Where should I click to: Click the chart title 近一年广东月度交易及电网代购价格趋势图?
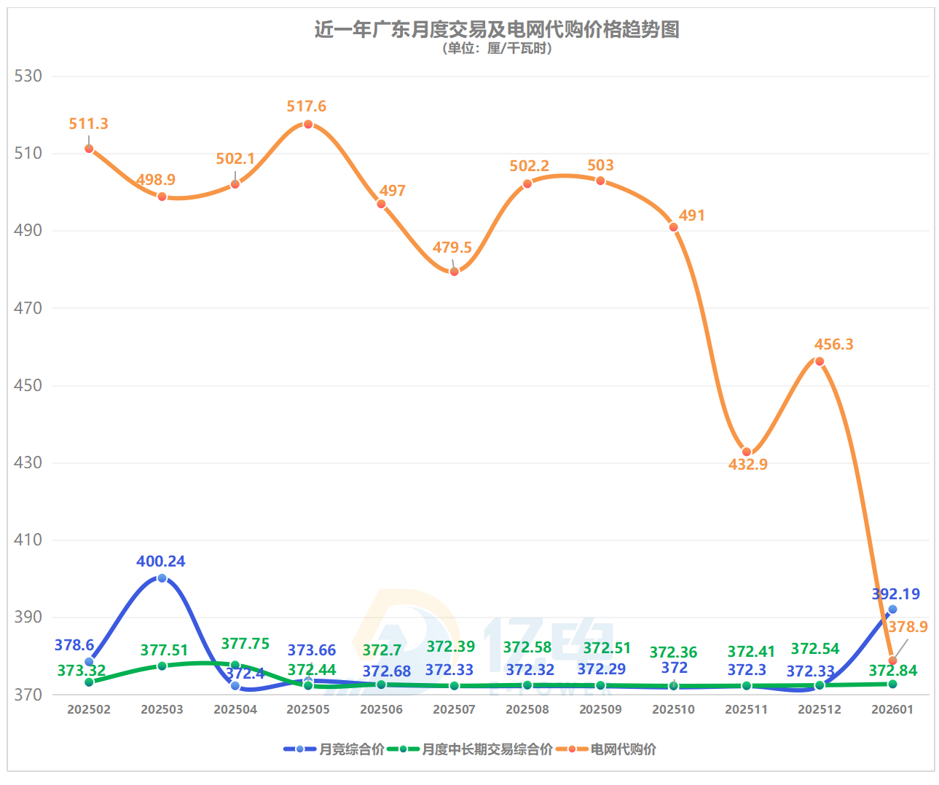[496, 30]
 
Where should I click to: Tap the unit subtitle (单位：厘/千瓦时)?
[496, 49]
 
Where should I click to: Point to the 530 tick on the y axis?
[28, 76]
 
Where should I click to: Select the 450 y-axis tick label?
[28, 385]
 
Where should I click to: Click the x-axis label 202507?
[454, 709]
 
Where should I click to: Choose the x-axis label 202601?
[892, 709]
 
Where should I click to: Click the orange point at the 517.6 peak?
[308, 125]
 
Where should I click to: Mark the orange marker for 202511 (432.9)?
[747, 452]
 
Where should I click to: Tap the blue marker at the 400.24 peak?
[162, 578]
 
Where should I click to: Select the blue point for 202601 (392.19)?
[892, 610]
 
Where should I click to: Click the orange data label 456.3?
[833, 344]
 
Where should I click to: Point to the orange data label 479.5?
[452, 248]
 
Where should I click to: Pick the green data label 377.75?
[245, 644]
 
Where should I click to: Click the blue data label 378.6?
[74, 645]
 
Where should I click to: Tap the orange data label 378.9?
[908, 627]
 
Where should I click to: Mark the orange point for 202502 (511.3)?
[89, 149]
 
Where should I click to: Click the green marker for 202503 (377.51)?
[162, 666]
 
